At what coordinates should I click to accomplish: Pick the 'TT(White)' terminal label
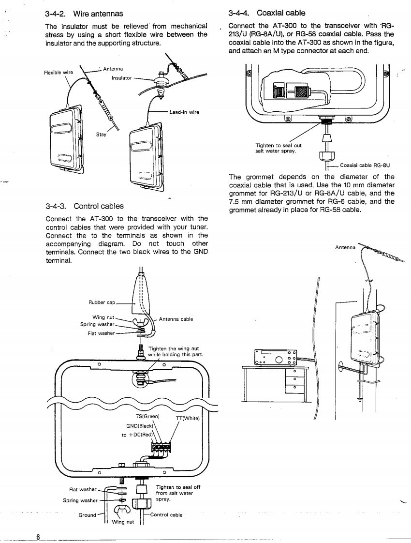[x=188, y=418]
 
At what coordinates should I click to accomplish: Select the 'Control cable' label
[x=166, y=515]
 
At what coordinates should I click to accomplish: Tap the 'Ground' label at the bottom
[x=87, y=515]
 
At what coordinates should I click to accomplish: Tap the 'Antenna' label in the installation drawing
[x=345, y=248]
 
